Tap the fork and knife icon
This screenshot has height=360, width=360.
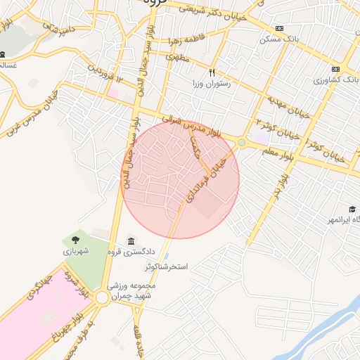pos(212,72)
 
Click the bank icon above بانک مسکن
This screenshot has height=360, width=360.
pos(280,28)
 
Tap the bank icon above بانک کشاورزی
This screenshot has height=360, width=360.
pos(335,69)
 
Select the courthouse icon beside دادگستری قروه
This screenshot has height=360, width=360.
pos(131,243)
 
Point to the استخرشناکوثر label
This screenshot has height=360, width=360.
pos(169,267)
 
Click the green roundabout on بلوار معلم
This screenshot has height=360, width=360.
pos(242,143)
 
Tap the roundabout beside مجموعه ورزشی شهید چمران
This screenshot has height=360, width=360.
pos(103,298)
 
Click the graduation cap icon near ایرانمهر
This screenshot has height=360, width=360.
pos(351,209)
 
